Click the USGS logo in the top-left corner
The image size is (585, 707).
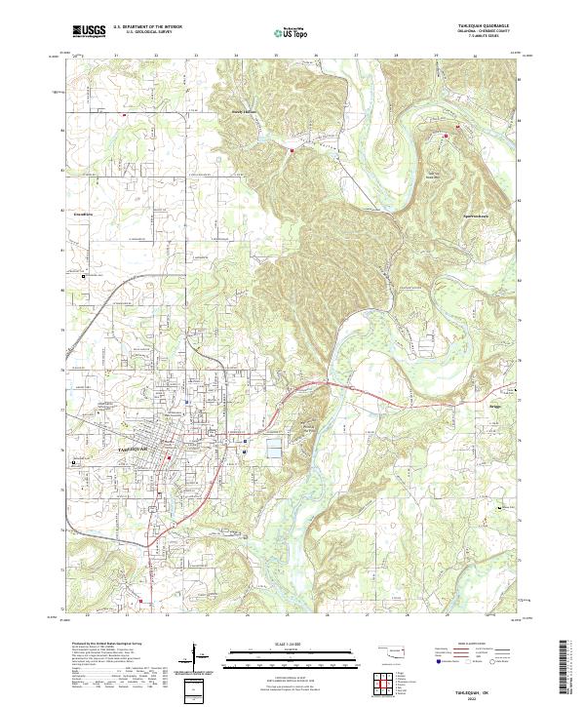pos(89,31)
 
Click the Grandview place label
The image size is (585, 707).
pos(83,214)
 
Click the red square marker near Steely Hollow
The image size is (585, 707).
pos(291,149)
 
